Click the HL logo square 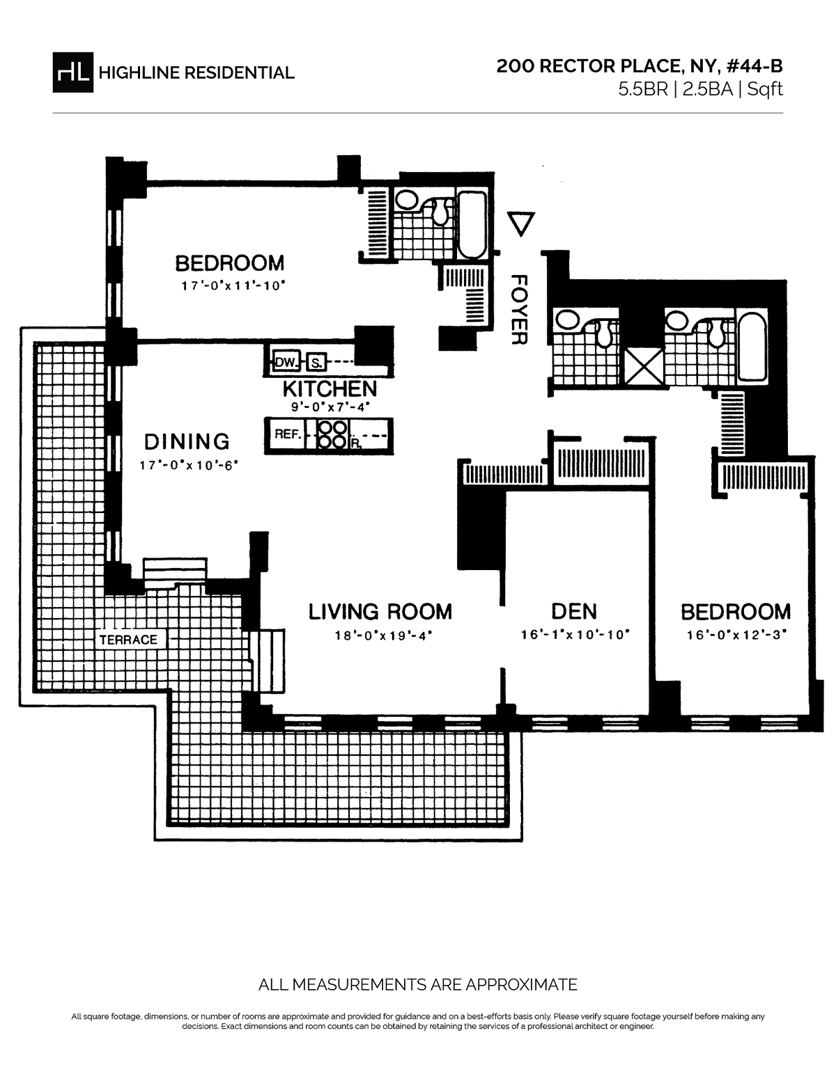72,72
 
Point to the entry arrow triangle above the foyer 520,223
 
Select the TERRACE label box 128,639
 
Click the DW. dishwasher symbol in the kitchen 285,362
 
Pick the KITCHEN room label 330,388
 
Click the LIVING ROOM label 380,611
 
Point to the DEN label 574,611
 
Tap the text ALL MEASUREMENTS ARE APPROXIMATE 418,984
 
